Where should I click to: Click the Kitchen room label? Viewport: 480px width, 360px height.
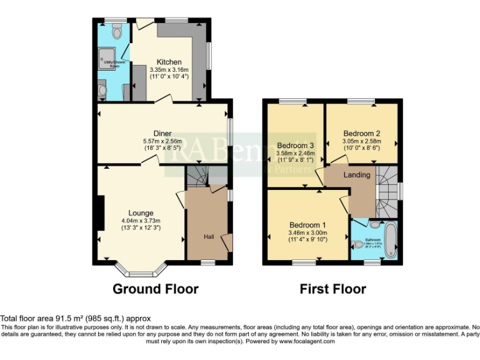[169, 62]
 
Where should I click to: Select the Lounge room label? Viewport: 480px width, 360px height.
[141, 213]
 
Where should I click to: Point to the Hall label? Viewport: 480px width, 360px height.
[208, 237]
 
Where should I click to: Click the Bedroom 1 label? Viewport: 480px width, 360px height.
[307, 225]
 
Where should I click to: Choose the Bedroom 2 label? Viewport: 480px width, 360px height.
[362, 133]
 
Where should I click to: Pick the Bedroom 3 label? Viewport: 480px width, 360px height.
[294, 146]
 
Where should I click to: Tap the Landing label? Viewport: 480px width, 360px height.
[357, 175]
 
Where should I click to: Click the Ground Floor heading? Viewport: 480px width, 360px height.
[156, 289]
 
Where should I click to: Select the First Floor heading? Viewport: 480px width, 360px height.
[332, 289]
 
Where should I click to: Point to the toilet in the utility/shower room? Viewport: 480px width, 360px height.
[116, 30]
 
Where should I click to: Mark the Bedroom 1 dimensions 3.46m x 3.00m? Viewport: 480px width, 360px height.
[307, 233]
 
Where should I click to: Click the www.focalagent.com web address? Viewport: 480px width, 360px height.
[307, 341]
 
